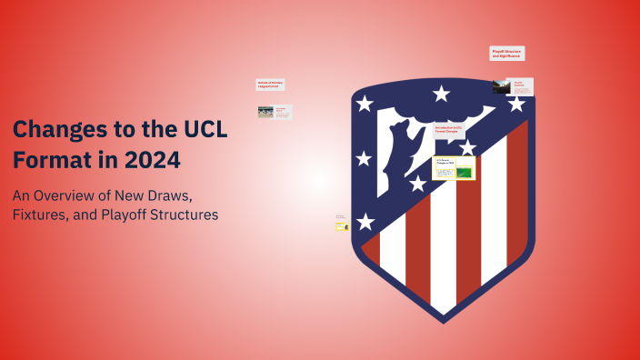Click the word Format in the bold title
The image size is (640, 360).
50,160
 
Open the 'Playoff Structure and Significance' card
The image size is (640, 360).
507,54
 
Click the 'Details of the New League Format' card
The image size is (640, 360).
271,85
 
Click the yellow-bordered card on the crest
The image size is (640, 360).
454,168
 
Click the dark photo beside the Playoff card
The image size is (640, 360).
501,87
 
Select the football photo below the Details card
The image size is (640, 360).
265,112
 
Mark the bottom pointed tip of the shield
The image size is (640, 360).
444,321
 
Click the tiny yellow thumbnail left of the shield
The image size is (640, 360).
342,225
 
